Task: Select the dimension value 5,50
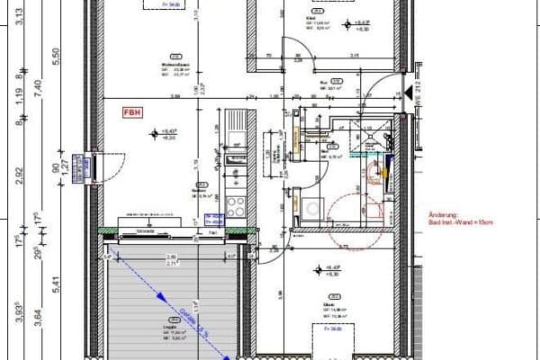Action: [x=56, y=56]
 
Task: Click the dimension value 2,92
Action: [x=17, y=169]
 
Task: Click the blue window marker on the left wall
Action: [x=85, y=167]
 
